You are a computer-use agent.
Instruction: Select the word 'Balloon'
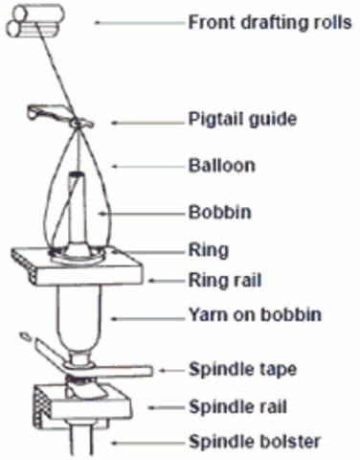[221, 166]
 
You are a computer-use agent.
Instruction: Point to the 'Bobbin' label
[218, 211]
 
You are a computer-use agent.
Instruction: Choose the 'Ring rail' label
[223, 282]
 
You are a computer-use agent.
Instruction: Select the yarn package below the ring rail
[77, 321]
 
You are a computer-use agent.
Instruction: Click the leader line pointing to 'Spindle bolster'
[144, 442]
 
